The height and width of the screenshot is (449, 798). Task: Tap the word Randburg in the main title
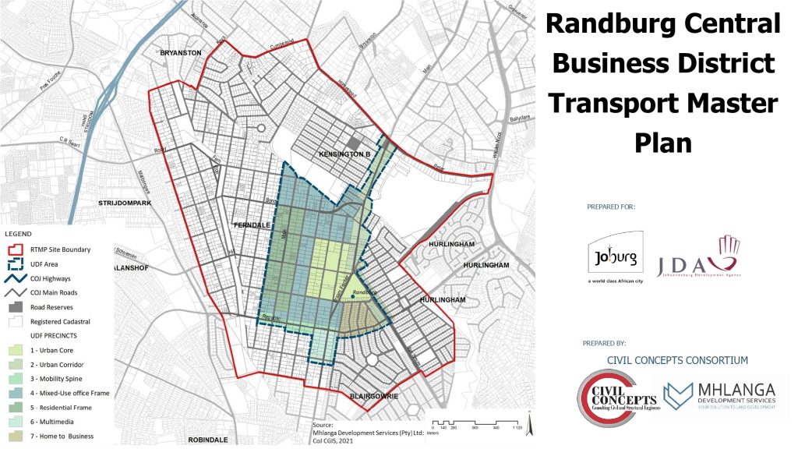[x=602, y=23]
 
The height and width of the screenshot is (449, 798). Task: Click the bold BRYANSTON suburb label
[x=181, y=53]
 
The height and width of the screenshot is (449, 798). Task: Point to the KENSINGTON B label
[x=344, y=155]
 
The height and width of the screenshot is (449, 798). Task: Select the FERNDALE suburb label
[x=255, y=225]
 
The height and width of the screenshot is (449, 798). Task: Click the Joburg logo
[x=615, y=256]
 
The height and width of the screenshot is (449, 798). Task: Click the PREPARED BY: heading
[x=605, y=343]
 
